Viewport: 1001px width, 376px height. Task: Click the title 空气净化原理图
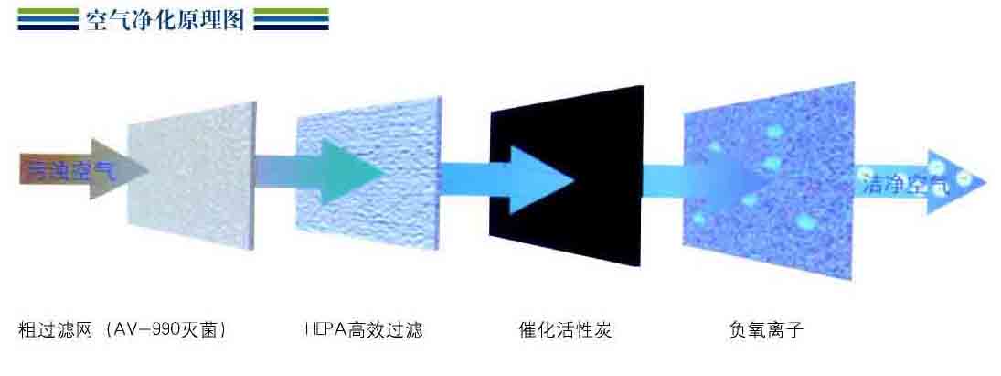pyautogui.click(x=165, y=19)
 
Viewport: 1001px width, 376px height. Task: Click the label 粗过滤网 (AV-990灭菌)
pyautogui.click(x=122, y=330)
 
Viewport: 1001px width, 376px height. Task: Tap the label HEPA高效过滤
pyautogui.click(x=364, y=330)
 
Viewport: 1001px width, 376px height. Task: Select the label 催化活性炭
pyautogui.click(x=564, y=330)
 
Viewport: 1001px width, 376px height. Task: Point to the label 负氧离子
pyautogui.click(x=765, y=330)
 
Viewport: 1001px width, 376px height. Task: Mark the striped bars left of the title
pyautogui.click(x=48, y=19)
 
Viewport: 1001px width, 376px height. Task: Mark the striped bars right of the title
pyautogui.click(x=291, y=19)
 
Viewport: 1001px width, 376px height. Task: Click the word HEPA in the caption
pyautogui.click(x=323, y=330)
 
